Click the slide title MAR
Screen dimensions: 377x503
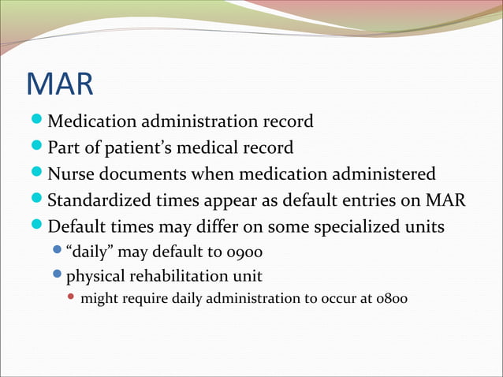pos(59,84)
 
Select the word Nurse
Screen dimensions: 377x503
pos(71,174)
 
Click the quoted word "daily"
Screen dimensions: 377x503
pos(88,253)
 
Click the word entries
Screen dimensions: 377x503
pos(385,200)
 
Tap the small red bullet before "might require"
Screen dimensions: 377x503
pos(71,299)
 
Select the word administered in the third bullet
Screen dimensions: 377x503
pos(383,174)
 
